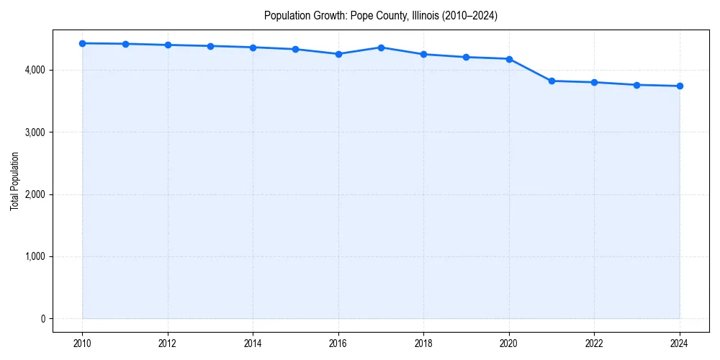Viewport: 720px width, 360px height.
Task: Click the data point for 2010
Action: (x=83, y=43)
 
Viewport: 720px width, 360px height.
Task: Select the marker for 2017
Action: (x=381, y=48)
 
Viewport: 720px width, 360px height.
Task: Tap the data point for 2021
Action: (x=552, y=81)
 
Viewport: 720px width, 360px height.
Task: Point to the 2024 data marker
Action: (x=680, y=86)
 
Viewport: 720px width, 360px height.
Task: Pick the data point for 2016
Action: (x=338, y=54)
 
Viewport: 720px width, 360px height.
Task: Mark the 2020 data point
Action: (x=509, y=59)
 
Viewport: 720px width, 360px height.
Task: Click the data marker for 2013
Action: (x=210, y=46)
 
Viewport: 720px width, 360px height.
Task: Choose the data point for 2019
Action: (x=467, y=57)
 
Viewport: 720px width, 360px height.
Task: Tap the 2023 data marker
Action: (x=636, y=85)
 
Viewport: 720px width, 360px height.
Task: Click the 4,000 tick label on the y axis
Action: (x=33, y=70)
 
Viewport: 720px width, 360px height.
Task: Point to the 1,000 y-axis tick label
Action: (x=33, y=257)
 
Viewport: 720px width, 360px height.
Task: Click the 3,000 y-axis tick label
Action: (x=33, y=132)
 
